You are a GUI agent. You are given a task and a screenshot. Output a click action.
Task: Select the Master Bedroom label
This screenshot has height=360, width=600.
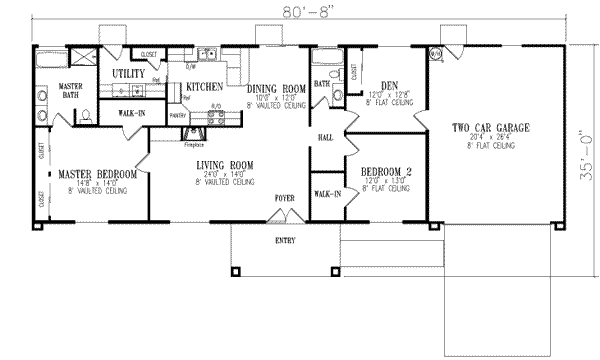[x=96, y=174]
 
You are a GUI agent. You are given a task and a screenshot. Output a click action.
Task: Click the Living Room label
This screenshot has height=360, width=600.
[x=224, y=164]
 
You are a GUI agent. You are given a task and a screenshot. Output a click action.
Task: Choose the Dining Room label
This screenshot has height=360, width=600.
[x=278, y=90]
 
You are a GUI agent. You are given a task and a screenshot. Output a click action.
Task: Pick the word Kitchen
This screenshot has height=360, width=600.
[x=206, y=87]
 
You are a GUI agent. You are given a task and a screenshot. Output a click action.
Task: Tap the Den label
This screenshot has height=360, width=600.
[x=391, y=85]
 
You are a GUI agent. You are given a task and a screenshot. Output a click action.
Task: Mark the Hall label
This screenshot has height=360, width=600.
[x=326, y=137]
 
